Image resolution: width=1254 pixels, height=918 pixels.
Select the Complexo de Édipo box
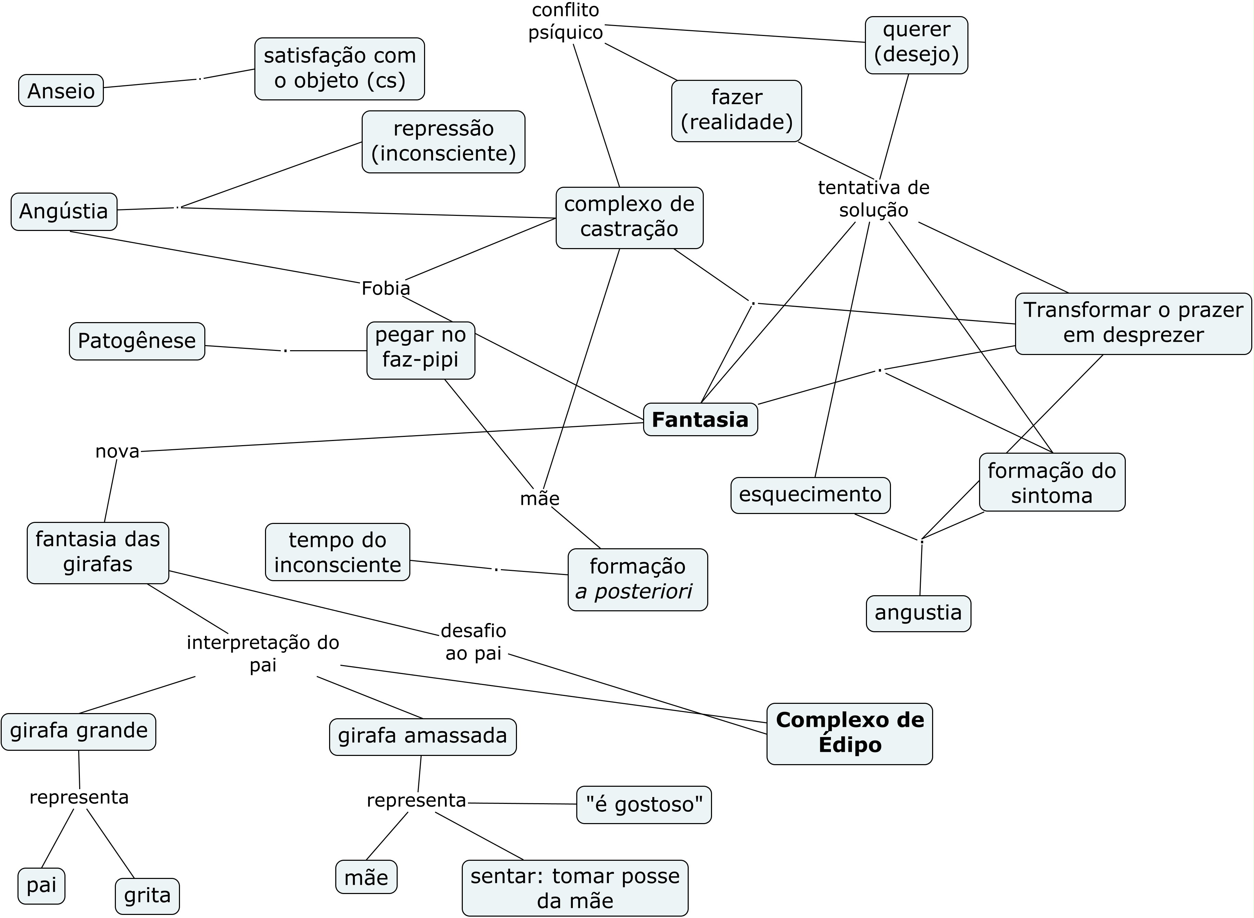coord(849,734)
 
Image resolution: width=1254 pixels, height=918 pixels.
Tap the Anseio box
coord(61,90)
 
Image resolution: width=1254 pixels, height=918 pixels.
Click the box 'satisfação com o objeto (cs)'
coord(340,69)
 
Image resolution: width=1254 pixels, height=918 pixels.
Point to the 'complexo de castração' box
coord(629,217)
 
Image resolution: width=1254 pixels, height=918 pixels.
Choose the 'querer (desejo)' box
coord(916,45)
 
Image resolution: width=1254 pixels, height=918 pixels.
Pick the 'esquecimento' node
coord(810,494)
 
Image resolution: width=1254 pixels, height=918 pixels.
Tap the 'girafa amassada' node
coord(422,736)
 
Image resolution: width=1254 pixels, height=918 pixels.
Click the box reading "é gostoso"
coord(644,805)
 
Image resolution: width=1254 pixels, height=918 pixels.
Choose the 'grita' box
coord(147,896)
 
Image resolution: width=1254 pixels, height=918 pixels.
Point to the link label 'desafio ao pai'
coord(473,642)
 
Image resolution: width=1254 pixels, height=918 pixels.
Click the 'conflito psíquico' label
coord(565,22)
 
